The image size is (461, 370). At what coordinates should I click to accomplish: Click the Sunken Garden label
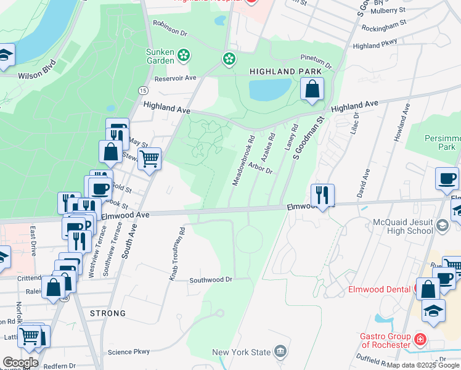(160, 56)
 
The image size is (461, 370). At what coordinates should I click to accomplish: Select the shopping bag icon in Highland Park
(312, 89)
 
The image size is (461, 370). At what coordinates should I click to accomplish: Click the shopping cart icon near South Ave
(149, 158)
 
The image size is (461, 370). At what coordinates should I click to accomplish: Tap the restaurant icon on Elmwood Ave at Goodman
(322, 195)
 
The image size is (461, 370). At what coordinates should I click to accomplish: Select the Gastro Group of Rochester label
(385, 340)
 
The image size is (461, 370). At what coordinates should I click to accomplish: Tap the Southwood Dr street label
(210, 279)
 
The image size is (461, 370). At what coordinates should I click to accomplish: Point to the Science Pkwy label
(129, 351)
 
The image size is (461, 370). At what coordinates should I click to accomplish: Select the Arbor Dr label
(261, 168)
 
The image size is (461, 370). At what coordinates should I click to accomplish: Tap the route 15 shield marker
(142, 90)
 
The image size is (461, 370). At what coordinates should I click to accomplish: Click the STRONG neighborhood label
(108, 313)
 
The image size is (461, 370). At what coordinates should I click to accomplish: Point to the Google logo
(20, 363)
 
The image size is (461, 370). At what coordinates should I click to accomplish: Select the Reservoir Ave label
(175, 78)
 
